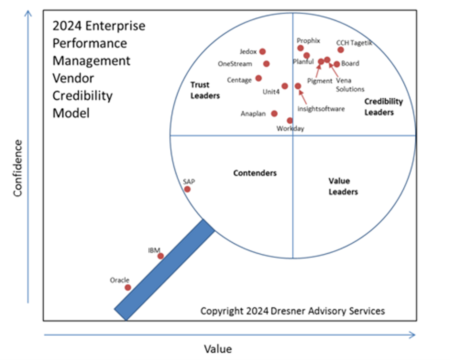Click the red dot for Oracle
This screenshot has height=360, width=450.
pos(128,287)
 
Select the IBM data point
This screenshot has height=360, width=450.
pos(161,256)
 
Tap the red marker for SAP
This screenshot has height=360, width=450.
pos(187,189)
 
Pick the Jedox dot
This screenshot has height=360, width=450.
pos(263,51)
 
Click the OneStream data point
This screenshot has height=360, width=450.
pos(266,64)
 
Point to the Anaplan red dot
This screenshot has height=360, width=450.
pos(274,113)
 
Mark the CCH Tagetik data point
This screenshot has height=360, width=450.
pos(341,50)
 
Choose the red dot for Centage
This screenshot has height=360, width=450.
pos(258,78)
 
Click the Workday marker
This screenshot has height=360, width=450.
pos(290,121)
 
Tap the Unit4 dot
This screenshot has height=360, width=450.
pos(285,86)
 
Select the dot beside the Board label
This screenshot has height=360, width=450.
pos(337,64)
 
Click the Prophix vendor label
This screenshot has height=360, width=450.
pos(308,41)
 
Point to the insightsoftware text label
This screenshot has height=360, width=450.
pos(321,109)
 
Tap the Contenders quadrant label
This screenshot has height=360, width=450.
pos(255,173)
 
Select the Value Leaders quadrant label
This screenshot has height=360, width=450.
pos(343,186)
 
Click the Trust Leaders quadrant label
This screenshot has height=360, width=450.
pos(205,90)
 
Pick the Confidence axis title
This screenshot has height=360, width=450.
pos(18,168)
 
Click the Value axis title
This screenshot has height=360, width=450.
pos(218,349)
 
